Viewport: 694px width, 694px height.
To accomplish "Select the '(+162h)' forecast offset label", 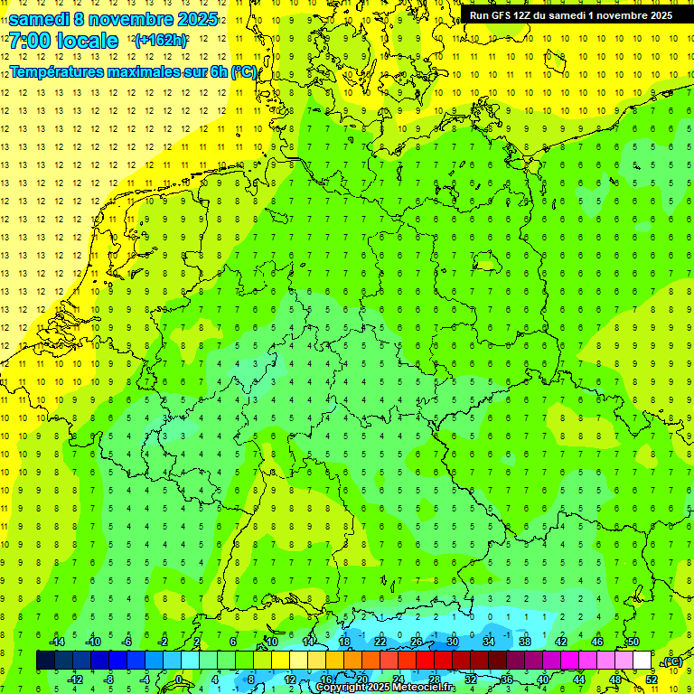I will (x=160, y=41).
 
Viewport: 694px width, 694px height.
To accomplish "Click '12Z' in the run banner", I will (x=528, y=15).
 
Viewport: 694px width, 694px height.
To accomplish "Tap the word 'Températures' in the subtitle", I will (x=54, y=70).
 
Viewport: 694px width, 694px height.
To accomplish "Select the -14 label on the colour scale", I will (x=56, y=642).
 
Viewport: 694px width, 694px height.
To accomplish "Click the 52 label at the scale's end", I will (x=651, y=679).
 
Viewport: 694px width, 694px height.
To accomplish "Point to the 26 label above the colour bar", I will (x=417, y=642).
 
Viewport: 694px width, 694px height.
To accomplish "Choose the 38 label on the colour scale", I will (x=525, y=642).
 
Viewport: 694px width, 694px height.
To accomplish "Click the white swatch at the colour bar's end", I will (x=642, y=661).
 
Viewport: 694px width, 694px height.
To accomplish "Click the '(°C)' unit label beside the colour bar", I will (x=672, y=661).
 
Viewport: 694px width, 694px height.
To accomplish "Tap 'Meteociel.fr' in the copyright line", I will (x=424, y=688).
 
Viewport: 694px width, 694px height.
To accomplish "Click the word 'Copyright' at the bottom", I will (x=343, y=688).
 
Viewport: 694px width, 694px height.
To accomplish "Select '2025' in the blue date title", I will (x=195, y=19).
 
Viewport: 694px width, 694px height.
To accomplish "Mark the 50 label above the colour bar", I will (x=633, y=642).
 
